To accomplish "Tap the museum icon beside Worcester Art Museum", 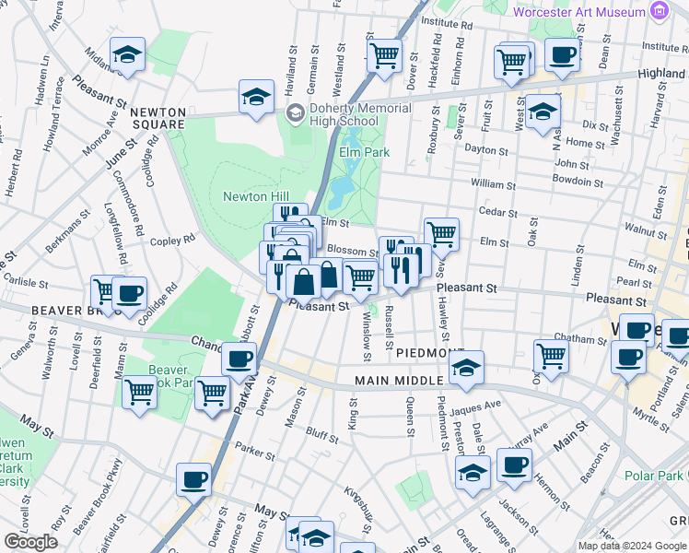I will coord(658,12).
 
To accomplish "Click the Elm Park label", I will coord(364,152).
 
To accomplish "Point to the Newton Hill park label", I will coord(255,196).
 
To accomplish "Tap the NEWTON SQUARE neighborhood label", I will coord(158,118).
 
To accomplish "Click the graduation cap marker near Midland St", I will coord(127,54).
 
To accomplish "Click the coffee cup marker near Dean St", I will coord(562,53).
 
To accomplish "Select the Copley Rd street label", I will coord(173,239).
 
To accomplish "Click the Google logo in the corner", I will coord(30,542).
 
